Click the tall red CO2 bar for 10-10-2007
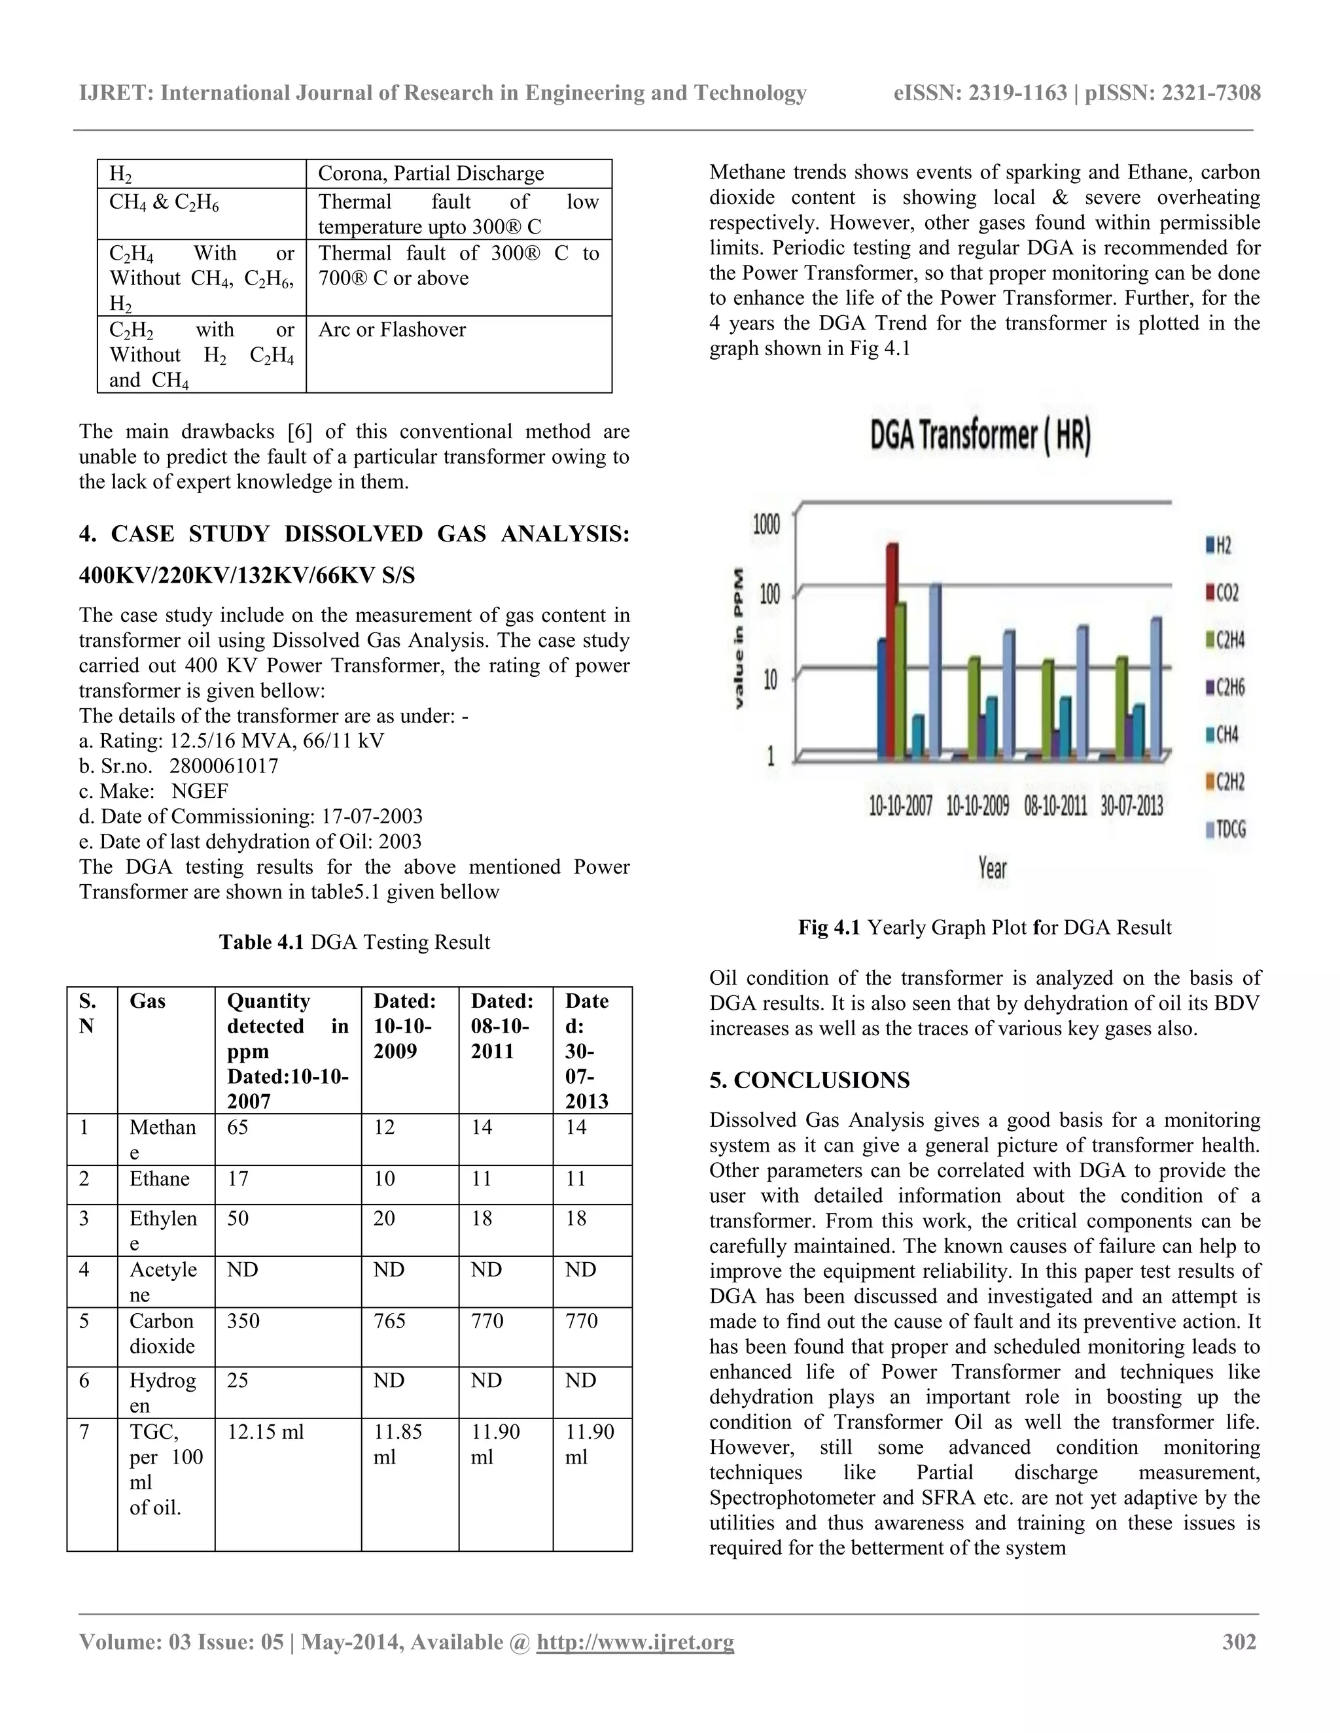coord(892,651)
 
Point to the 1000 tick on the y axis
coord(767,524)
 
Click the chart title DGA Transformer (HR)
coord(980,438)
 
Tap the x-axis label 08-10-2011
coord(1055,807)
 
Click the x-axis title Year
coord(993,867)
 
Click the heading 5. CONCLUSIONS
coord(810,1080)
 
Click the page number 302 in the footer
coord(1239,1641)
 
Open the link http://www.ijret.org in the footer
coord(635,1641)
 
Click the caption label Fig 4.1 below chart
coord(829,927)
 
